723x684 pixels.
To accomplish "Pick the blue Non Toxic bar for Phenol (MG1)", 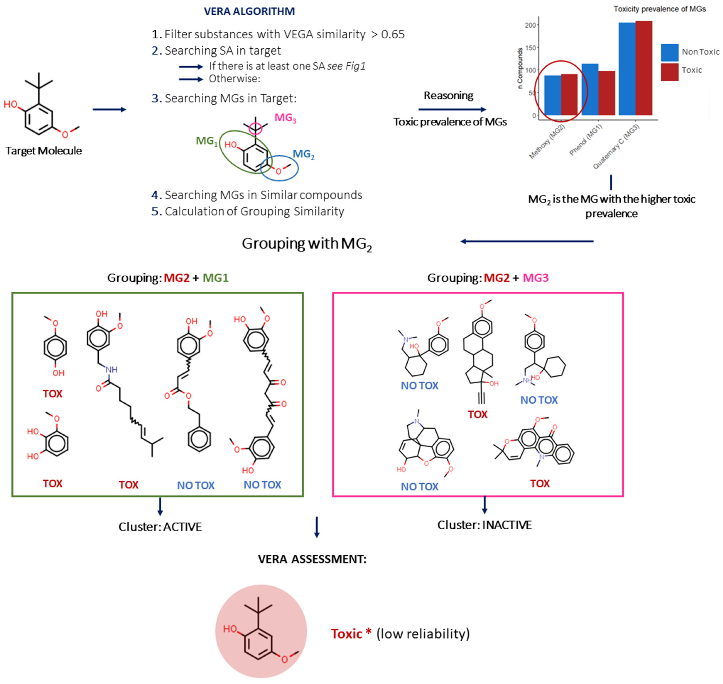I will tap(589, 89).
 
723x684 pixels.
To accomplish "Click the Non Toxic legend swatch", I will tap(669, 52).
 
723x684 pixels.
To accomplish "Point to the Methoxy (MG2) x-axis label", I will tap(547, 141).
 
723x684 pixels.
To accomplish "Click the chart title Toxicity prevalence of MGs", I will tap(659, 9).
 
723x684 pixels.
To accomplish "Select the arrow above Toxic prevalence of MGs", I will tap(452, 109).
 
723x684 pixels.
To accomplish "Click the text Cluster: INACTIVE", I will tap(484, 525).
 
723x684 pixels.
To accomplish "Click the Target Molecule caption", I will tap(43, 151).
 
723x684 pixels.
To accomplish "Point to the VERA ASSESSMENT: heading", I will tap(312, 559).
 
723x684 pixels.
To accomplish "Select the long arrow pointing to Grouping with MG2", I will tap(527, 241).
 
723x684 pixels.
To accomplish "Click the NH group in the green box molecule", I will tap(112, 370).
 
